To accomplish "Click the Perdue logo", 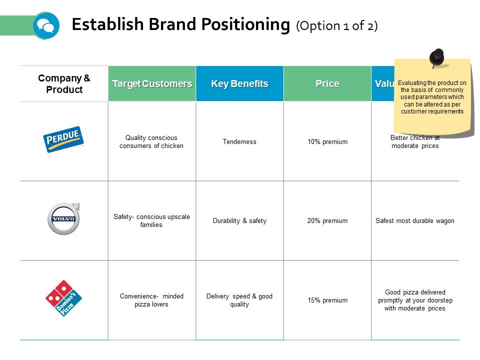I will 64,139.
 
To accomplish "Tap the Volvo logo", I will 64,219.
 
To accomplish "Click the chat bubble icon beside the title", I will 46,25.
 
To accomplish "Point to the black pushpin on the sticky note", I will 437,56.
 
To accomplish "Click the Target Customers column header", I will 152,83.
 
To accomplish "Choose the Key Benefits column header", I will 239,83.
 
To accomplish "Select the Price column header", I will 327,83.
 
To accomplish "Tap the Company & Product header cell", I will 64,84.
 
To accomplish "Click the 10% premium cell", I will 327,142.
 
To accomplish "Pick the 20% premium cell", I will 327,221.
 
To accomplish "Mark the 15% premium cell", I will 327,300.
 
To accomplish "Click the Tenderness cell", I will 239,142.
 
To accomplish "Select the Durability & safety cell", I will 239,221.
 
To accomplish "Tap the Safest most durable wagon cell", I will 415,221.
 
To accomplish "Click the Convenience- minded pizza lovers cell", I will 152,300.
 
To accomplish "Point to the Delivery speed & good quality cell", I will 239,300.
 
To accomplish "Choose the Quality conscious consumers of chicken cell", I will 152,141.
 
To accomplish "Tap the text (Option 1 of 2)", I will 337,26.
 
